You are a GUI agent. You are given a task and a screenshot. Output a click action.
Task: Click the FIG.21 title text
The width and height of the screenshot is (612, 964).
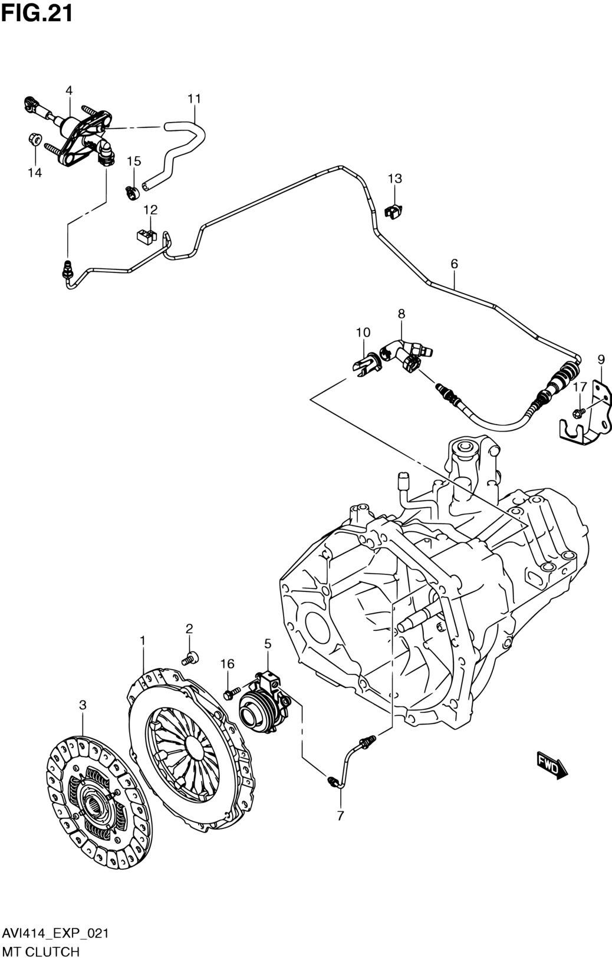point(37,12)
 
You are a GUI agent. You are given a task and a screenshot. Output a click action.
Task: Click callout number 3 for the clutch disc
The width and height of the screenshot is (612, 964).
point(83,705)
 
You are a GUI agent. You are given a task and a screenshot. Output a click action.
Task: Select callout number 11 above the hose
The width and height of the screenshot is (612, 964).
point(195,98)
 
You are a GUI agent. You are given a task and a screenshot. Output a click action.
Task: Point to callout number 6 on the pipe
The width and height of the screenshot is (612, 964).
point(454,264)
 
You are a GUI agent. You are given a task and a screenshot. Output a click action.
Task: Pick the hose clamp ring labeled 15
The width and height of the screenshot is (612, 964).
point(132,192)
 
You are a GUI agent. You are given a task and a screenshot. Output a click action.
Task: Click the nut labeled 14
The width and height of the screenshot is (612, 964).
point(34,140)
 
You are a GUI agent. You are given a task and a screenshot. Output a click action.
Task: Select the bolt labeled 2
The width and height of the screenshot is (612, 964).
point(191,658)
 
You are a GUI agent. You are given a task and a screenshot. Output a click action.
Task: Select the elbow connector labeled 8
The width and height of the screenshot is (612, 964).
point(406,356)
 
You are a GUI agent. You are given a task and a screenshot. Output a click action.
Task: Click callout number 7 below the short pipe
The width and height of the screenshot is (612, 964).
point(340,816)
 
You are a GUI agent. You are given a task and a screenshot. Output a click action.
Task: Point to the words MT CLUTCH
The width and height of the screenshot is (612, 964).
point(40,952)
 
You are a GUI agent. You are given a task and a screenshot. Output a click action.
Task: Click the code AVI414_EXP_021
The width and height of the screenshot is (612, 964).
point(54,933)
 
